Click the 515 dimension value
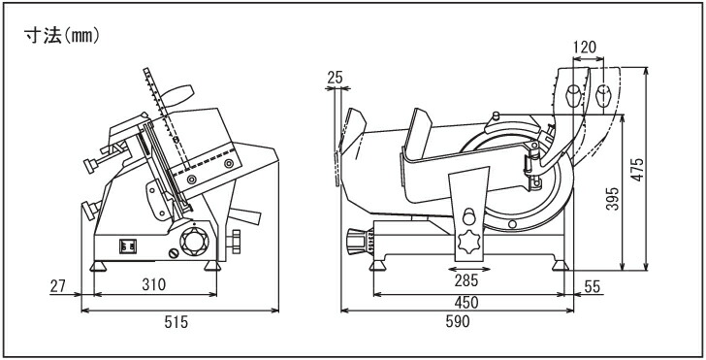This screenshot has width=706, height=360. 176,322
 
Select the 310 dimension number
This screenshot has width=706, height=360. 154,284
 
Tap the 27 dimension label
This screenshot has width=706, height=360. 57,285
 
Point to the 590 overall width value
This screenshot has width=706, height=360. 458,321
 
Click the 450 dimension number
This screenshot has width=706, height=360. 466,303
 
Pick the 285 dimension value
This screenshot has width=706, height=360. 466,280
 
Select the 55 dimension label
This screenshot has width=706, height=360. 593,286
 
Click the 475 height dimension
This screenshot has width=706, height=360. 636,170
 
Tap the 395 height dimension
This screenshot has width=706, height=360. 612,199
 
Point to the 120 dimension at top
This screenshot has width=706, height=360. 585,47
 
